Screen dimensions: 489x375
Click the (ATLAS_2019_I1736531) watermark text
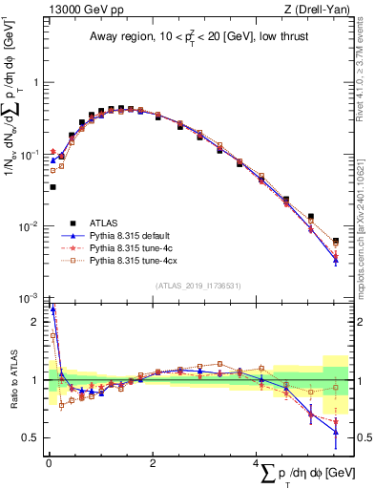click(196, 285)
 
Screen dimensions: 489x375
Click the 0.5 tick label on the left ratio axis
click(34, 438)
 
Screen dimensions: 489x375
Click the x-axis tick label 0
click(48, 462)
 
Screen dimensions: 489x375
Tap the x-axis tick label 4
click(256, 462)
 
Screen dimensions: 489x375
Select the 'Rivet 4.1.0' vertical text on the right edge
click(366, 76)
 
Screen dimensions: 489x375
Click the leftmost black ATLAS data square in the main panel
click(52, 187)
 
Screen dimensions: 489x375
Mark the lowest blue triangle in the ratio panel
click(335, 432)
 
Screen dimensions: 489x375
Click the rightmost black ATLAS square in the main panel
click(335, 241)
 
